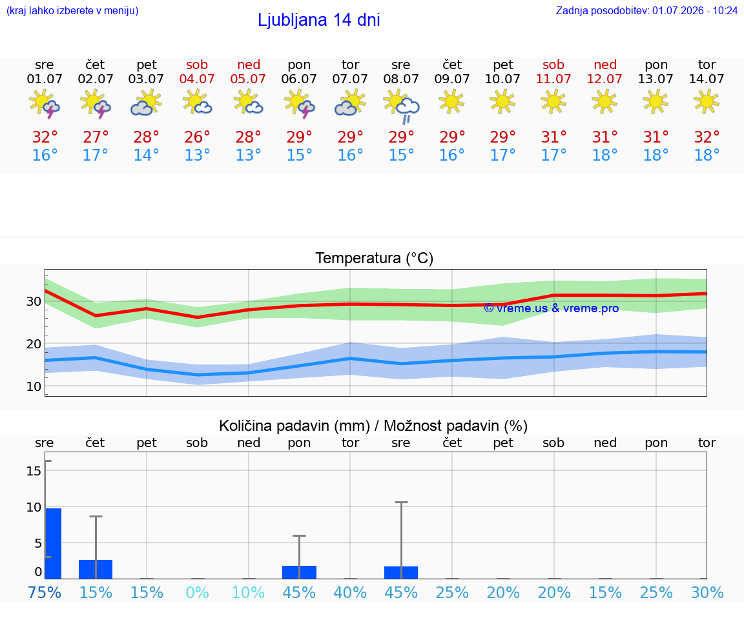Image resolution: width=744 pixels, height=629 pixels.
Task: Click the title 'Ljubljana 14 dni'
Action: (319, 20)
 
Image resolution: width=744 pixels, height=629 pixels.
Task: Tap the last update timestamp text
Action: (646, 10)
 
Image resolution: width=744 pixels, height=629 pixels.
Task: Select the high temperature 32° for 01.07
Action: (45, 137)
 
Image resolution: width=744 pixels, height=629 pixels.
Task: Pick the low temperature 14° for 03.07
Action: (146, 155)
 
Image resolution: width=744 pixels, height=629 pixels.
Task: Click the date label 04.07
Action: (197, 79)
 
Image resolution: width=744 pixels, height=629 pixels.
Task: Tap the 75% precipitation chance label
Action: (45, 592)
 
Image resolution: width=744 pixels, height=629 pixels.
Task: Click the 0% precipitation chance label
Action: (198, 592)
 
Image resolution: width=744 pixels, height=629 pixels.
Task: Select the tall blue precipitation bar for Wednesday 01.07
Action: (54, 543)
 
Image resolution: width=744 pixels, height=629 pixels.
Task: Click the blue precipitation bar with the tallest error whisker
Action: (401, 572)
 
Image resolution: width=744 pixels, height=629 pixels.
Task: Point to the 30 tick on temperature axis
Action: (34, 301)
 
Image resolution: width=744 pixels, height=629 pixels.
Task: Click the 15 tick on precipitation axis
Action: (34, 471)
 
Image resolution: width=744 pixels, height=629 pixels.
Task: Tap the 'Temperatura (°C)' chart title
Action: (375, 258)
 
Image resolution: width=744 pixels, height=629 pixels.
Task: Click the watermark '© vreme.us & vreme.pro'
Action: (552, 308)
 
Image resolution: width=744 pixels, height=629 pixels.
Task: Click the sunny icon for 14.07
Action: (707, 102)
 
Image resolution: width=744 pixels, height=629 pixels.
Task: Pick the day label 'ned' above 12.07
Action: (605, 65)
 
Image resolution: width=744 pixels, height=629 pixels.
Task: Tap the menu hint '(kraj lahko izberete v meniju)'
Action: (72, 10)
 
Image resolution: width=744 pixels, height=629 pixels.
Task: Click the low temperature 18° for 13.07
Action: (656, 155)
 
